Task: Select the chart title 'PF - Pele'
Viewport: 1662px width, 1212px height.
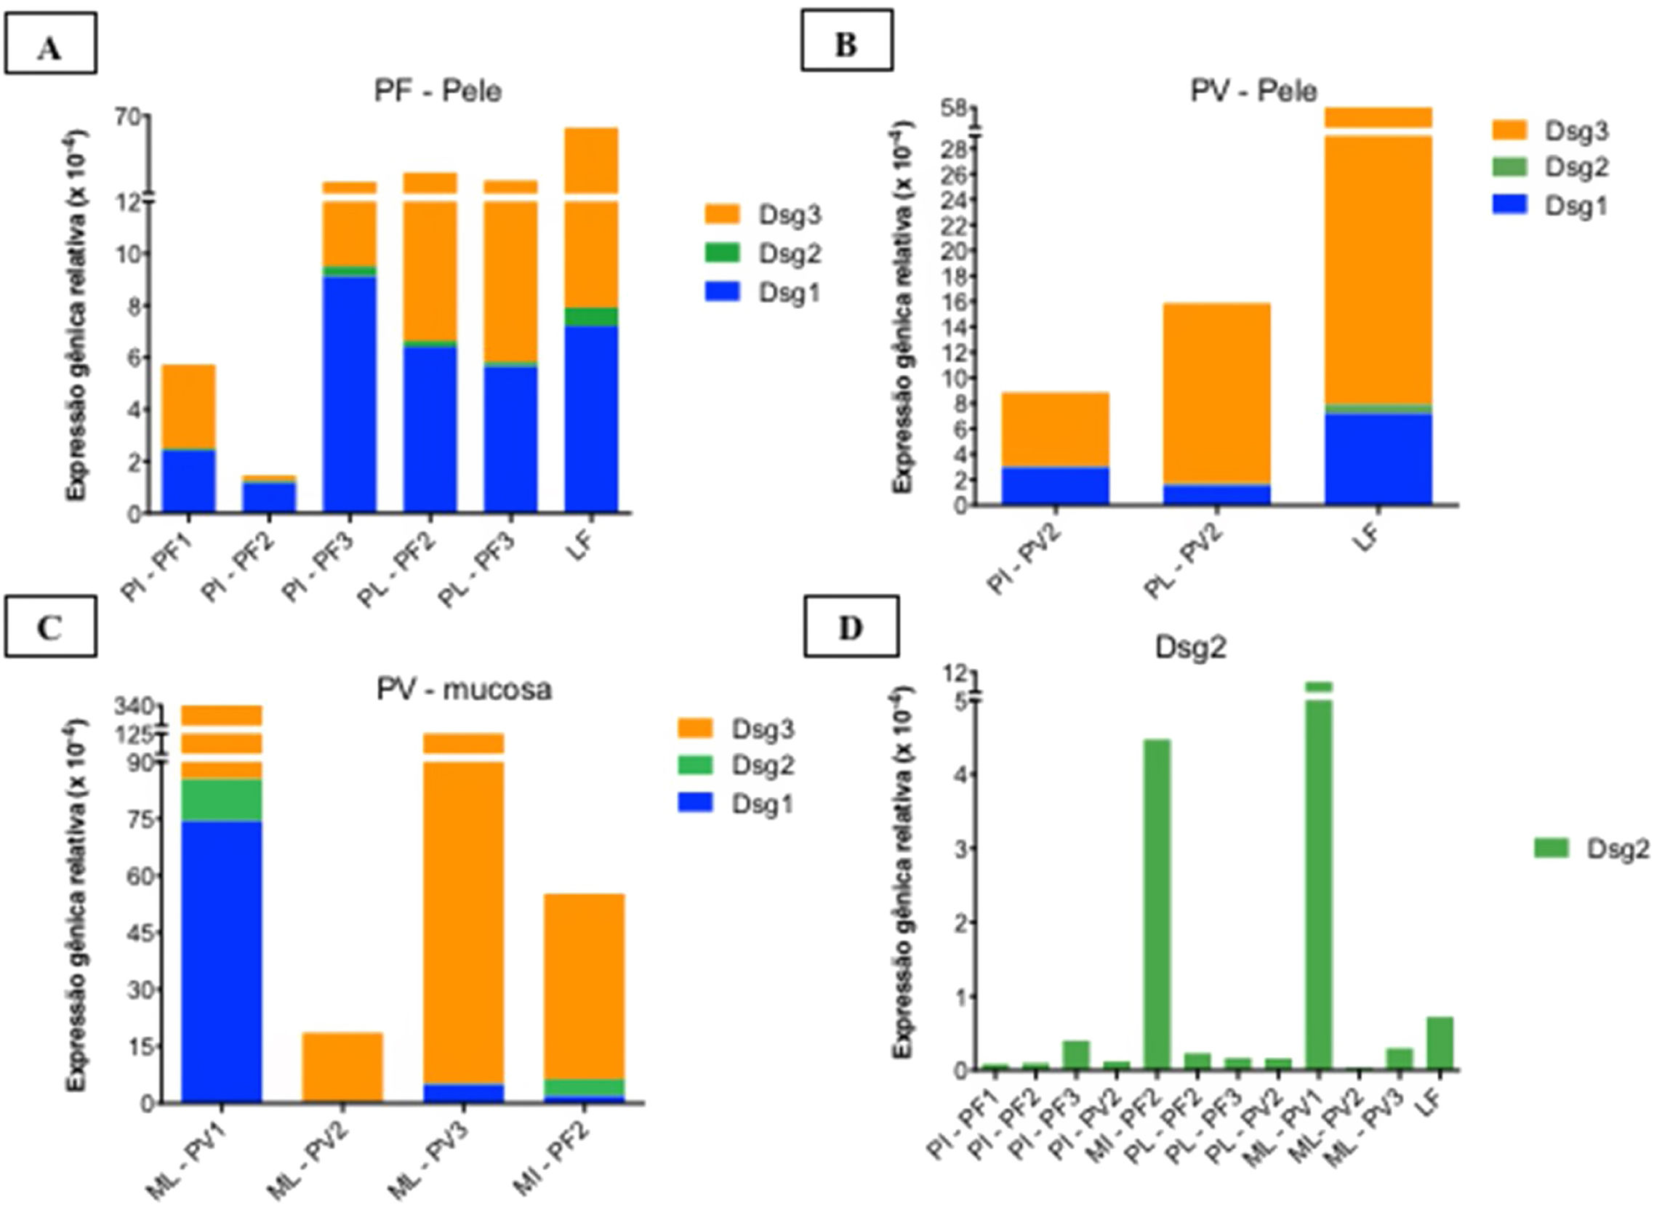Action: (x=438, y=92)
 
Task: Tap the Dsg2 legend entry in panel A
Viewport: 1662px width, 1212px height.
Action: (x=762, y=254)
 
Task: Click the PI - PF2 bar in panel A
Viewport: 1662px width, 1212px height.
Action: (x=269, y=494)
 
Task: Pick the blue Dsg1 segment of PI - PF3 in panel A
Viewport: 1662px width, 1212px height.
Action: (x=349, y=393)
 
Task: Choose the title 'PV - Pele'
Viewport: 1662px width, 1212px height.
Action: (x=1253, y=91)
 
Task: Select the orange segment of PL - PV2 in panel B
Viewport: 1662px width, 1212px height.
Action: (x=1217, y=393)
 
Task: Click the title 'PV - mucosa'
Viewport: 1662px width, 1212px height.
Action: (x=464, y=690)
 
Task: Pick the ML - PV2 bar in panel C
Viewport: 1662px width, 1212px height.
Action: (x=342, y=1067)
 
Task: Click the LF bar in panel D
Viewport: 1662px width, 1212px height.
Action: (x=1440, y=1043)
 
